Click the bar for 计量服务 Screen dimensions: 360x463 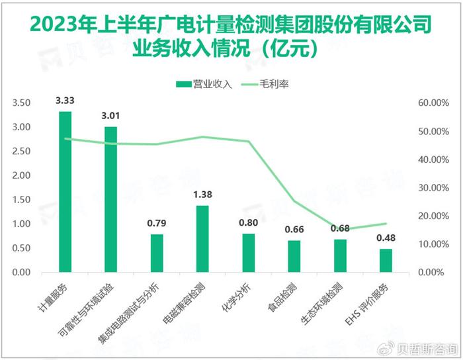tap(65, 192)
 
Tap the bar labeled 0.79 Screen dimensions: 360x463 tap(156, 253)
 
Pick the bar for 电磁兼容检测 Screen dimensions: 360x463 tap(202, 239)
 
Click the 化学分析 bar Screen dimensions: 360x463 tap(248, 253)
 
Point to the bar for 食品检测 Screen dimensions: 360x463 tap(294, 256)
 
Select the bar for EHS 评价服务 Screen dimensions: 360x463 tap(386, 261)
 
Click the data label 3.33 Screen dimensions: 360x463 tap(65, 101)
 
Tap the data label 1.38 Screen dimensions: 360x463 tap(202, 195)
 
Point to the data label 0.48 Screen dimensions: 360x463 tap(386, 239)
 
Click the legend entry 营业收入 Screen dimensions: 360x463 tap(203, 84)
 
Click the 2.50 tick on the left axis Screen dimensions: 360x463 tap(22, 152)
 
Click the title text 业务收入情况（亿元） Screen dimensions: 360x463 tap(231, 48)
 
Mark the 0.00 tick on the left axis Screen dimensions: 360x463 tap(22, 273)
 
